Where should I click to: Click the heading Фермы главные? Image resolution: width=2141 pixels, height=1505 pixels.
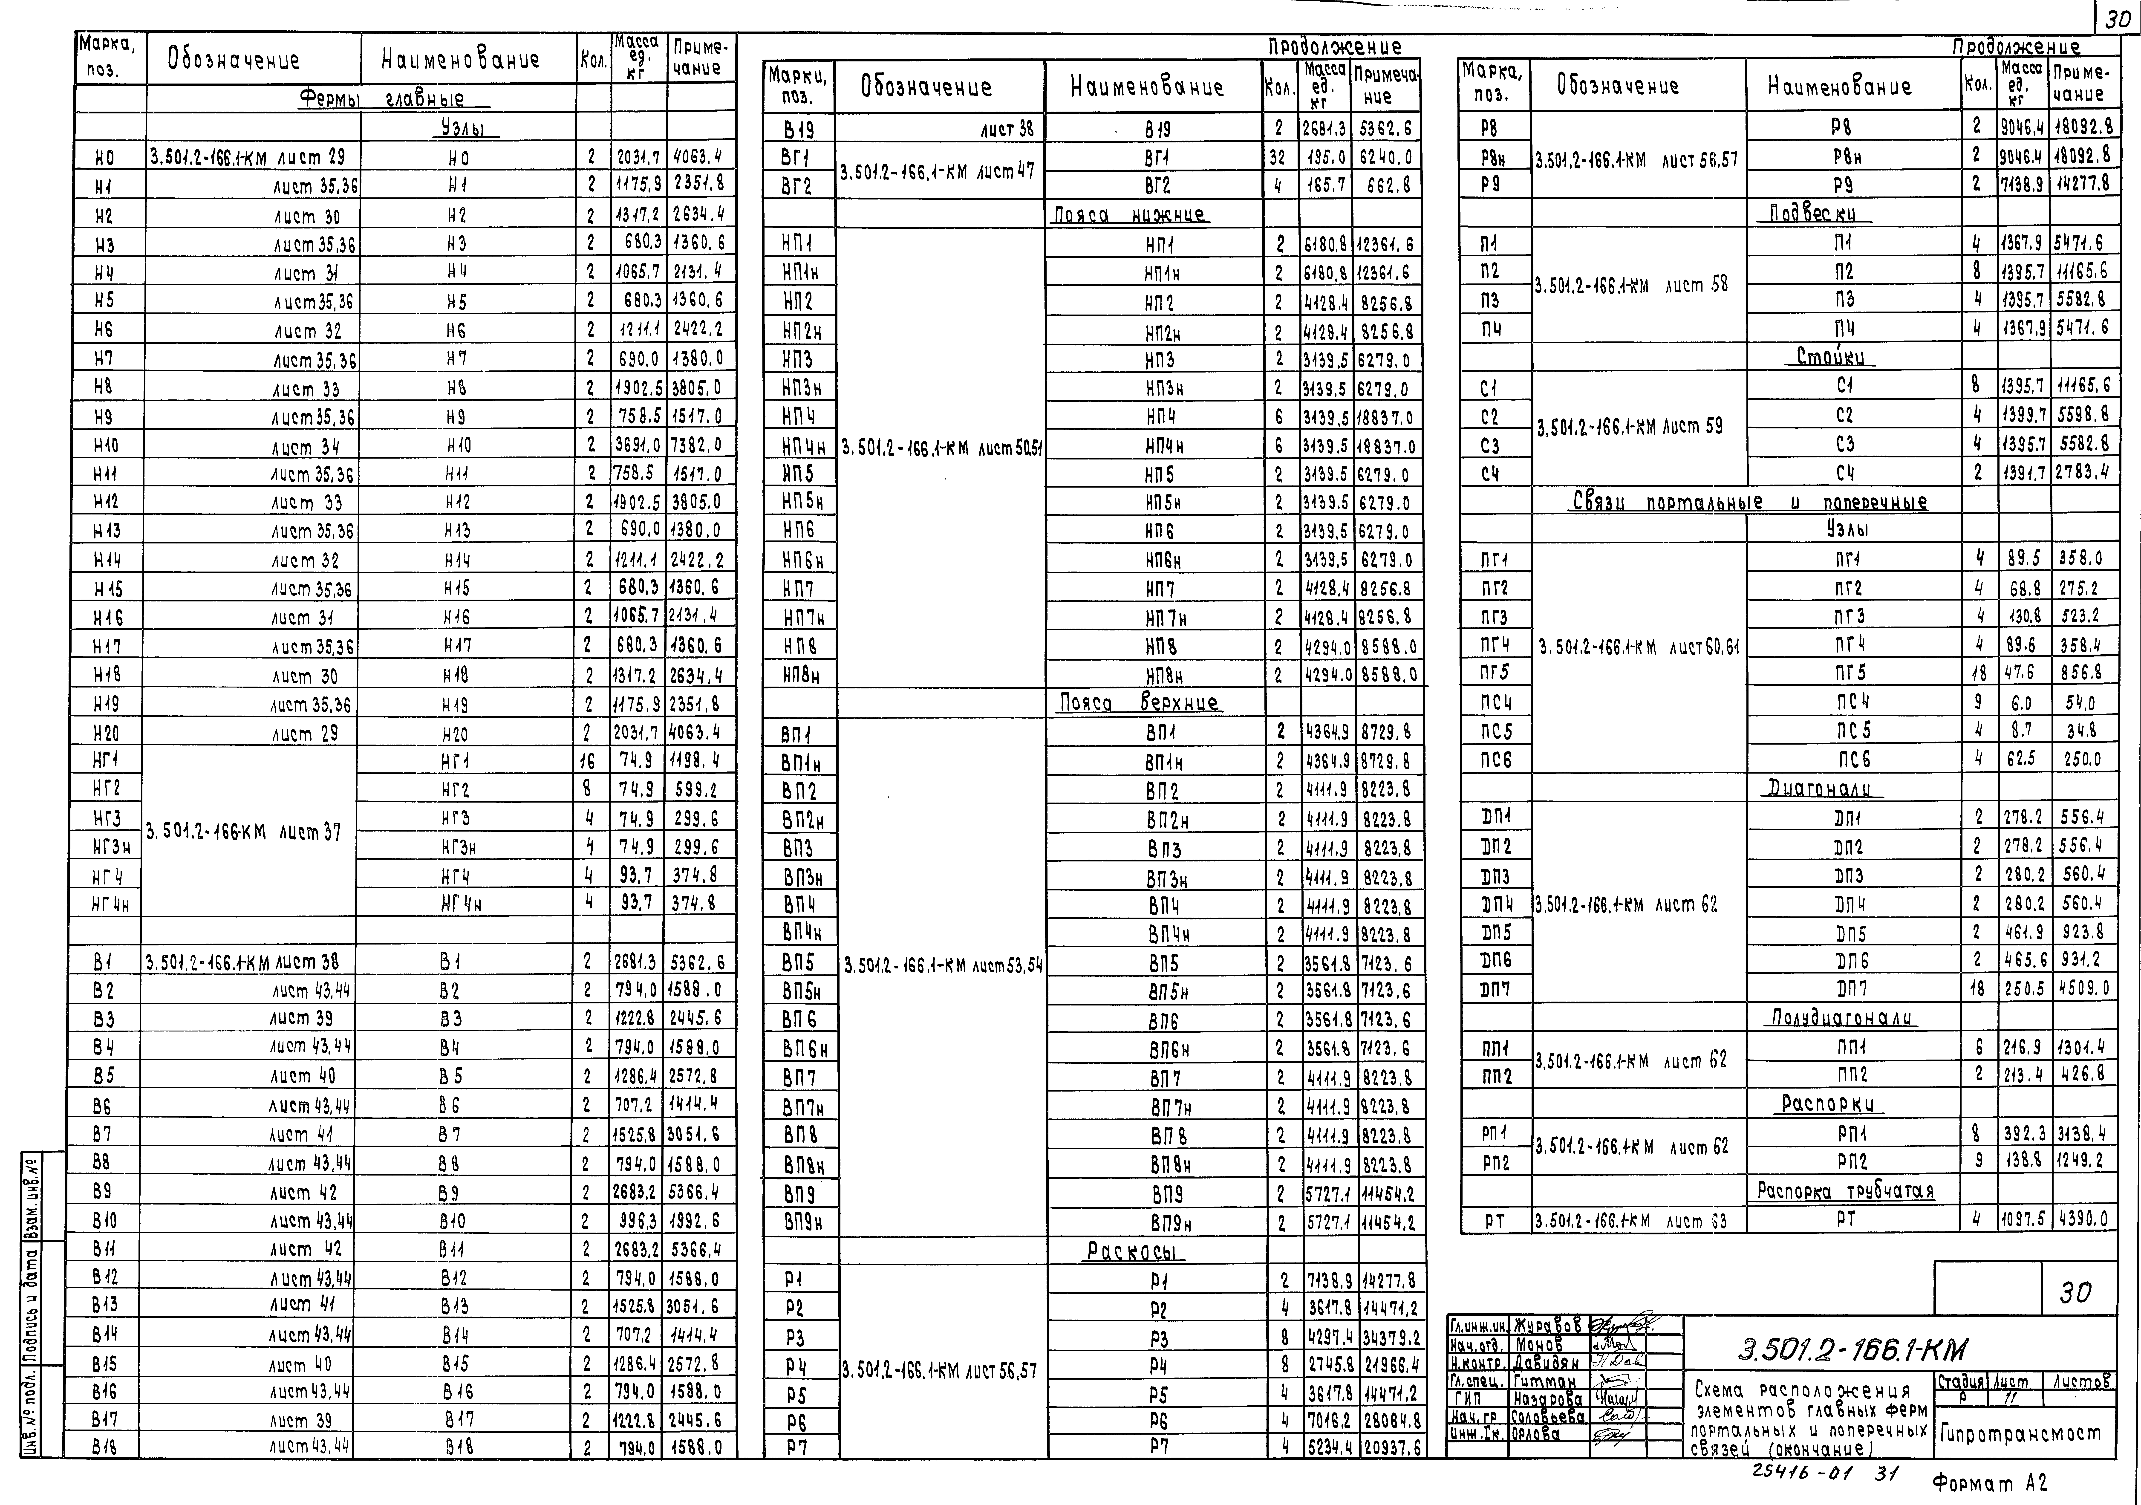381,99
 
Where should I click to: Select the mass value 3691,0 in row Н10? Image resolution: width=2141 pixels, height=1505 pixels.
638,446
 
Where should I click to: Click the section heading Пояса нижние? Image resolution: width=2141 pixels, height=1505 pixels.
1129,215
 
